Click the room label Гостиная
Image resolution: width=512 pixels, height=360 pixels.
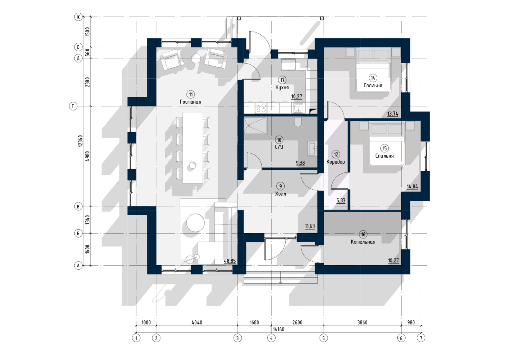pos(190,102)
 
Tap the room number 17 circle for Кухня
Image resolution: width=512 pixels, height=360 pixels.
pos(282,80)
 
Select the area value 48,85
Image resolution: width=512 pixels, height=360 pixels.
pos(230,261)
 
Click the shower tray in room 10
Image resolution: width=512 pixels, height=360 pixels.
pos(255,125)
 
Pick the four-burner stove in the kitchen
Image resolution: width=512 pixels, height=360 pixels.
pos(261,108)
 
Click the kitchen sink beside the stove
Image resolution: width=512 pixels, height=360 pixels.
pos(298,108)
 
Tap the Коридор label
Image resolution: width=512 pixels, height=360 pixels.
pos(336,162)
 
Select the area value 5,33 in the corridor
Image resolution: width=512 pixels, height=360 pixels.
pos(341,201)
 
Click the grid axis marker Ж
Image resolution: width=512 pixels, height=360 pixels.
pos(78,17)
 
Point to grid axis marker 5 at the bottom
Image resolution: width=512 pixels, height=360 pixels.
pos(324,338)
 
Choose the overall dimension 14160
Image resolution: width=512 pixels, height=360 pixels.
pos(278,329)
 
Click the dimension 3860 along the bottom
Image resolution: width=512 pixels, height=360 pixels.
pos(362,322)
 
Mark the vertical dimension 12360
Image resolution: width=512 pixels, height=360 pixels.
pos(80,141)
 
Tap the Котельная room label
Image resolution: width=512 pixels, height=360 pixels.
pos(363,242)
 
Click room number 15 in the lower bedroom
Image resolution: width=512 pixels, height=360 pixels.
pos(385,148)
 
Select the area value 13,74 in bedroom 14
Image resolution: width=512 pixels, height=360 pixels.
pos(393,114)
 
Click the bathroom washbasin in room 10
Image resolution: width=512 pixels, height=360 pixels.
pos(312,148)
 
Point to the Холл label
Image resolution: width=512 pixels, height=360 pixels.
pos(280,194)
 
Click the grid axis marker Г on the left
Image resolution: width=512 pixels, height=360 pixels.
pos(73,106)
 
